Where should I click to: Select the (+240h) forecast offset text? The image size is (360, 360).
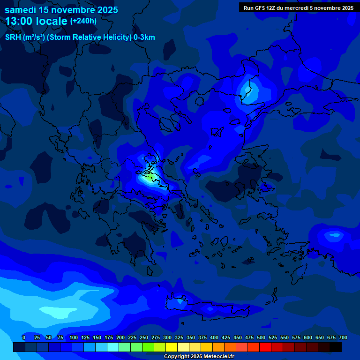click(x=83, y=21)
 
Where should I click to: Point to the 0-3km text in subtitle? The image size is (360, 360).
click(x=144, y=37)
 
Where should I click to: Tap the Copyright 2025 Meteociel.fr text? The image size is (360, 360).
click(x=199, y=357)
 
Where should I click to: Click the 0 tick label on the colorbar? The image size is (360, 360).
click(x=24, y=337)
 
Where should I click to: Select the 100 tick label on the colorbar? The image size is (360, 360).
click(x=74, y=337)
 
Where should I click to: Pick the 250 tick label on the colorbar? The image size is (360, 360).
click(x=144, y=337)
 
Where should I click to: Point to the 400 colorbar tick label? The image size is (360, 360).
click(x=214, y=337)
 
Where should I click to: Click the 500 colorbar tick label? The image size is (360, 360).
click(x=261, y=337)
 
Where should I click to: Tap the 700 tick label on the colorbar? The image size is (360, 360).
click(x=343, y=337)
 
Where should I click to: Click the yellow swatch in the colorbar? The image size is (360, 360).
click(x=172, y=347)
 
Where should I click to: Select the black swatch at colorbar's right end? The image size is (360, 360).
click(x=336, y=347)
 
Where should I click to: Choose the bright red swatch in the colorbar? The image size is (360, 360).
click(x=265, y=347)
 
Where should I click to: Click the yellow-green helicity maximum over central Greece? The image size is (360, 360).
click(x=151, y=177)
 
